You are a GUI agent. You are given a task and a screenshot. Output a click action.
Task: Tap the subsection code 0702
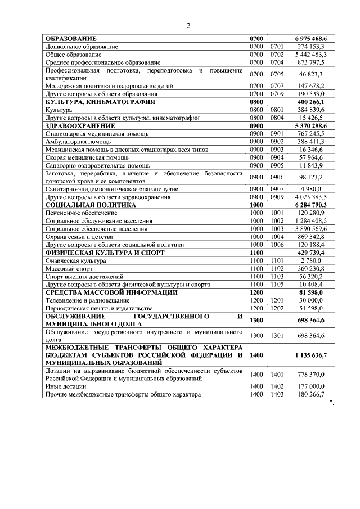pos(276,55)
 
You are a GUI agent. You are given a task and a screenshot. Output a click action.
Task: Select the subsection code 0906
pos(276,177)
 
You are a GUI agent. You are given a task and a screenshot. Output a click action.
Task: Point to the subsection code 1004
pos(276,237)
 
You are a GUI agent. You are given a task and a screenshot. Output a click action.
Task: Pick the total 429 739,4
pos(313,254)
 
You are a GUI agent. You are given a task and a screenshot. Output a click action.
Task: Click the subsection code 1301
pos(276,336)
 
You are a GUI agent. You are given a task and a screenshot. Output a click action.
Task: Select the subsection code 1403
pos(276,394)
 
